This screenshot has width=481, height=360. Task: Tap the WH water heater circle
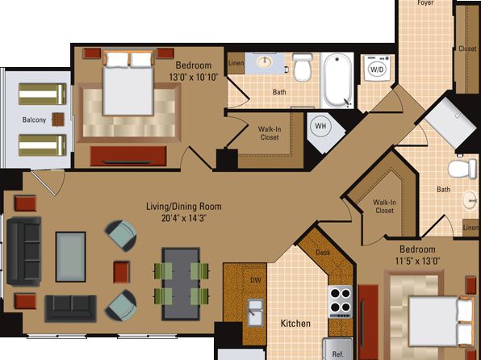pyautogui.click(x=320, y=126)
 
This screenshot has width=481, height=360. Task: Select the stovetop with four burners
pyautogui.click(x=341, y=302)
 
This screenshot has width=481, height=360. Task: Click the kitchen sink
pyautogui.click(x=255, y=312)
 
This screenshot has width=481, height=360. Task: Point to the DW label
pyautogui.click(x=255, y=280)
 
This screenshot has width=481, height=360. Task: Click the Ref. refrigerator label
pyautogui.click(x=337, y=354)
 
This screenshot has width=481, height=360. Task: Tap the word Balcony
pyautogui.click(x=34, y=119)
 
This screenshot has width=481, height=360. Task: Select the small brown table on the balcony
pyautogui.click(x=58, y=119)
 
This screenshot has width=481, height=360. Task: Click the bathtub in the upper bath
pyautogui.click(x=337, y=81)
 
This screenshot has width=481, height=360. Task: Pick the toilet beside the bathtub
pyautogui.click(x=303, y=68)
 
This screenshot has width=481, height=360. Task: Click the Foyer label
pyautogui.click(x=425, y=2)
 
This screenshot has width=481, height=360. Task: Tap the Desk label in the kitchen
pyautogui.click(x=323, y=253)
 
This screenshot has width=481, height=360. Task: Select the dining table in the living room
pyautogui.click(x=181, y=284)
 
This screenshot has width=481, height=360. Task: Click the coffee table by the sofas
pyautogui.click(x=70, y=257)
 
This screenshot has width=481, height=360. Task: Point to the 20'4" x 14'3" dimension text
pyautogui.click(x=184, y=218)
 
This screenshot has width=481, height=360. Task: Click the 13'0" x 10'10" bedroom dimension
pyautogui.click(x=194, y=77)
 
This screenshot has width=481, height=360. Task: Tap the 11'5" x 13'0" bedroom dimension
pyautogui.click(x=418, y=261)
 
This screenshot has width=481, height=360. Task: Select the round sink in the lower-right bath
pyautogui.click(x=470, y=200)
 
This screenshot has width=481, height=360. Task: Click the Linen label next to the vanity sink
pyautogui.click(x=236, y=63)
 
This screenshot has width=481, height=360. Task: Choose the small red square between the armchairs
pyautogui.click(x=122, y=272)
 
